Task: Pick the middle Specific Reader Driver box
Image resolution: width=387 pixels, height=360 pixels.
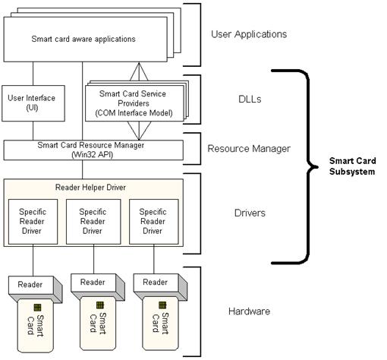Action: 93,221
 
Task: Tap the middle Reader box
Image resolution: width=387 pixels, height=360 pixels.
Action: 93,282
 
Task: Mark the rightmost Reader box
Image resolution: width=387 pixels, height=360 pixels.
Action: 155,283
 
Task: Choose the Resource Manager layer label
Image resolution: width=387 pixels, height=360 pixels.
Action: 248,149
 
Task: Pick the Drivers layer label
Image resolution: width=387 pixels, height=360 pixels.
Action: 248,213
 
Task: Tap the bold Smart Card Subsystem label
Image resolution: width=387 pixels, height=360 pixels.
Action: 351,166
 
